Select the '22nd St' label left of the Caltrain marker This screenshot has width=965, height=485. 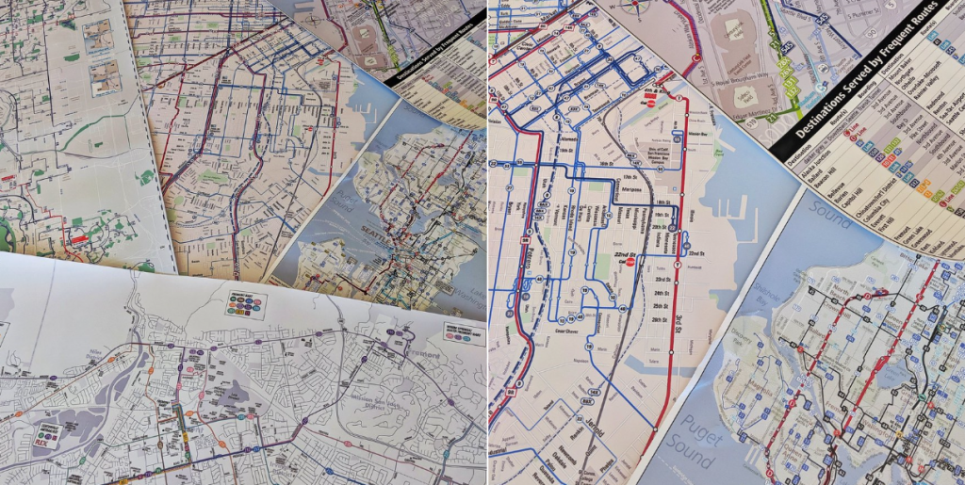(x=614, y=256)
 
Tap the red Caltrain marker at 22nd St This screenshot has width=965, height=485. (x=632, y=264)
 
